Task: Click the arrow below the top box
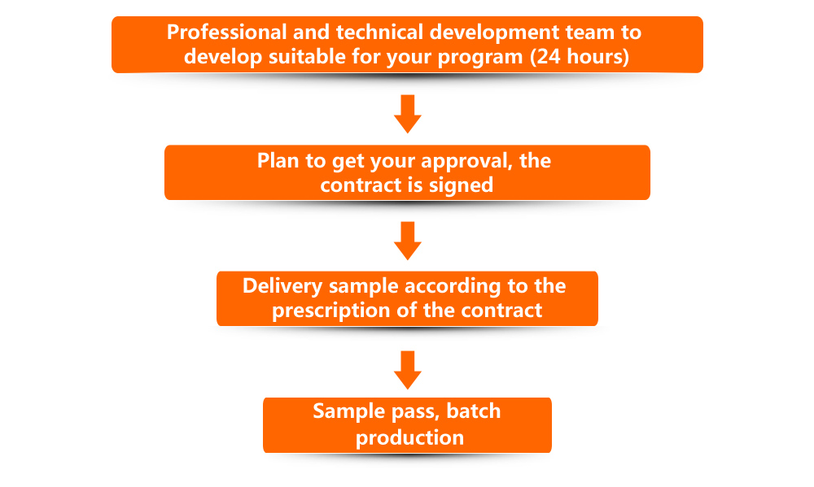[407, 113]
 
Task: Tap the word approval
[461, 161]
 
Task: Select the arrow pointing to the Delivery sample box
[407, 239]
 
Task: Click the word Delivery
[280, 287]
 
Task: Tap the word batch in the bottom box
[474, 411]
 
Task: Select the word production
[409, 437]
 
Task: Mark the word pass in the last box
[410, 411]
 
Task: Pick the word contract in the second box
[357, 185]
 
